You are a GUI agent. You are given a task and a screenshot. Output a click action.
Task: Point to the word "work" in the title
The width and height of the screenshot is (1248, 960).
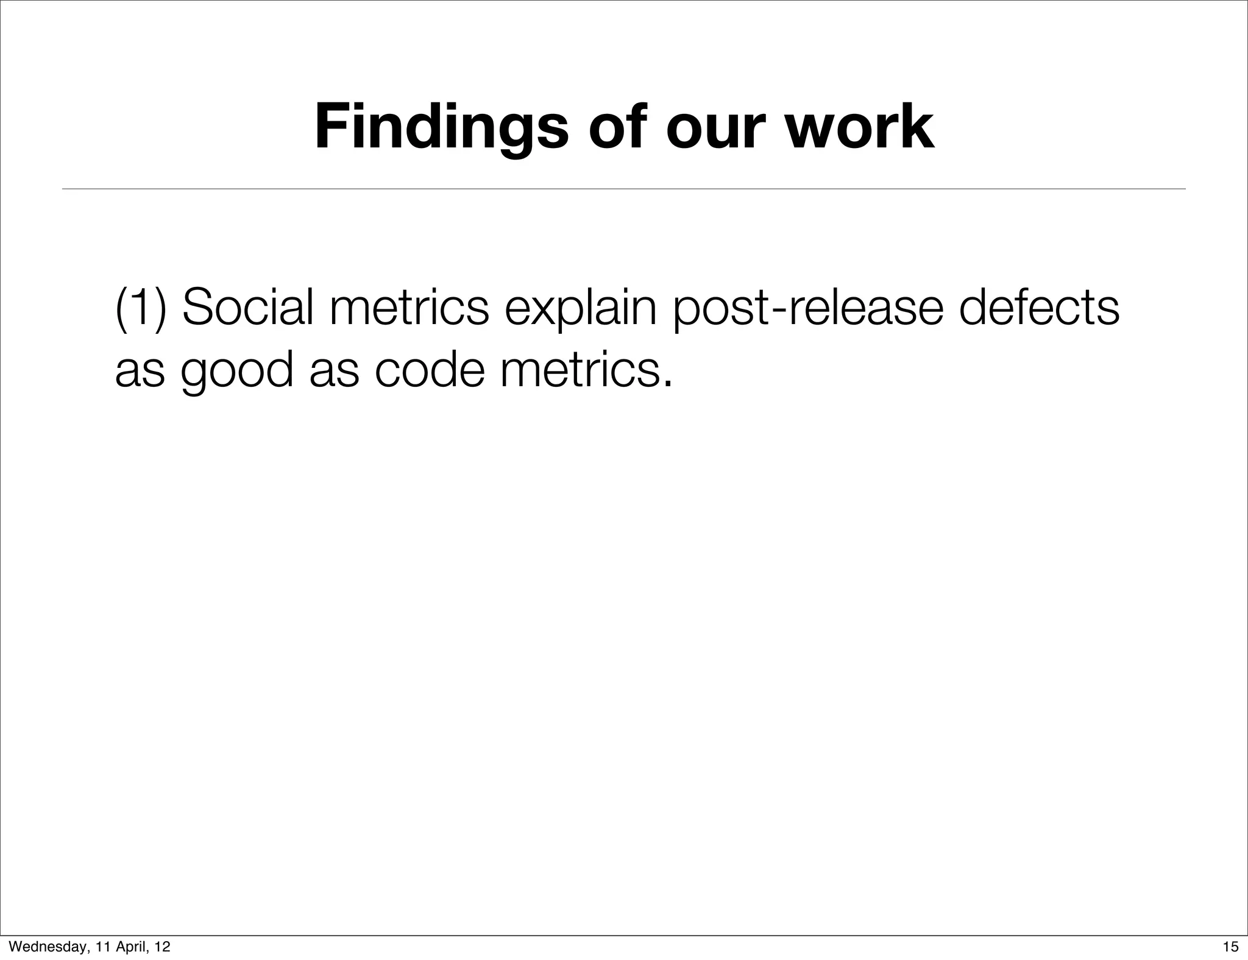point(859,128)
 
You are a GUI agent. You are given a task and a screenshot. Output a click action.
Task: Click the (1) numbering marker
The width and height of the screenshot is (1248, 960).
point(141,308)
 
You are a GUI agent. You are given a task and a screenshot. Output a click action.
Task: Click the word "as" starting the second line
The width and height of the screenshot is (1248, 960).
point(140,372)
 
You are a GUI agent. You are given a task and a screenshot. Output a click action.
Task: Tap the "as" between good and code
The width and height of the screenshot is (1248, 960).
point(334,372)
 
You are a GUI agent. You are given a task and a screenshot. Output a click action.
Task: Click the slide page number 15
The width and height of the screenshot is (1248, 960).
point(1230,947)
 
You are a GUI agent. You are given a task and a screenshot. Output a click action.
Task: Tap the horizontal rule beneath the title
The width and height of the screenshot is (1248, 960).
point(623,189)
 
